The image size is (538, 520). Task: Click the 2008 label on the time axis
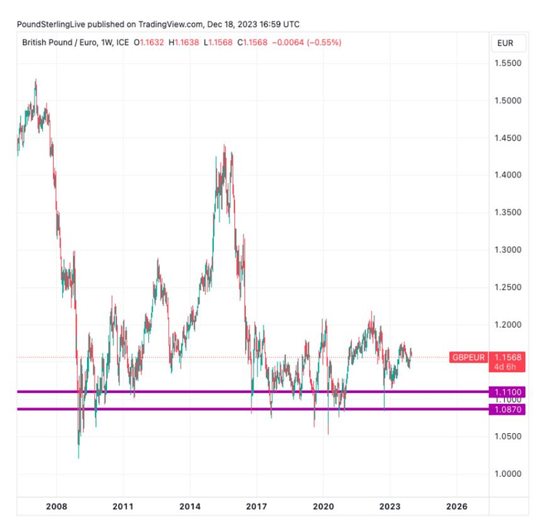pyautogui.click(x=56, y=506)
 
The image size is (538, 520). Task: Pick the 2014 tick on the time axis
pyautogui.click(x=190, y=506)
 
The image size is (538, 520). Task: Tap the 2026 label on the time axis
pyautogui.click(x=457, y=506)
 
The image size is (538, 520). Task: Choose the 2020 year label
pyautogui.click(x=323, y=506)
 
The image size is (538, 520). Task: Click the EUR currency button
pyautogui.click(x=505, y=43)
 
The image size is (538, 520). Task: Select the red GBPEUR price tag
pyautogui.click(x=467, y=358)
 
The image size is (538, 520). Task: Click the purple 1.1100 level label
pyautogui.click(x=508, y=392)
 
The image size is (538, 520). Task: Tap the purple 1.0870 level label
pyautogui.click(x=508, y=409)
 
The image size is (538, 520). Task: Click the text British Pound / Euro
pyautogui.click(x=58, y=43)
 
